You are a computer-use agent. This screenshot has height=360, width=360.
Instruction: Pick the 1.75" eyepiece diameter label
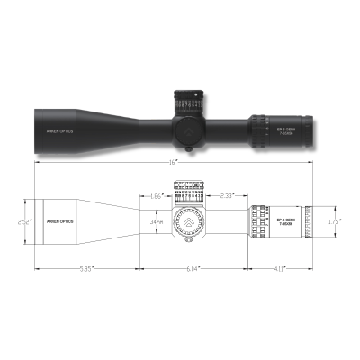pos(333,219)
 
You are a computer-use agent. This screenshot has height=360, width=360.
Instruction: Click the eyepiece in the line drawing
pos(306,220)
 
